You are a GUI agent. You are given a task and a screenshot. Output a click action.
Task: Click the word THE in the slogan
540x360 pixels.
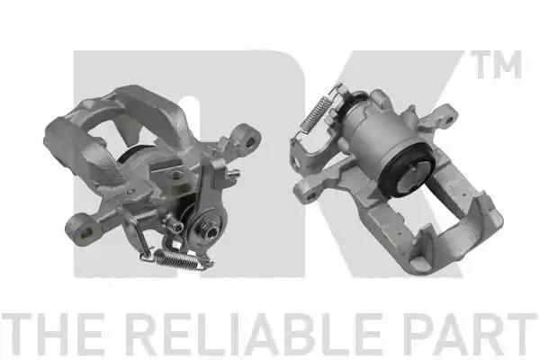(52, 334)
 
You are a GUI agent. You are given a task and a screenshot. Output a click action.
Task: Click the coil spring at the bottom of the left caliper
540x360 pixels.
(177, 260)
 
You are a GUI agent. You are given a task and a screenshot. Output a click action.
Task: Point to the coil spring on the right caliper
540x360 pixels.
(315, 111)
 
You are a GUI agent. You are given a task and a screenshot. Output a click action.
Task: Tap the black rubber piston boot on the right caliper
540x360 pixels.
(405, 170)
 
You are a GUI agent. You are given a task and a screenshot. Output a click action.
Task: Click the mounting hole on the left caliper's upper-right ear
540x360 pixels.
(250, 141)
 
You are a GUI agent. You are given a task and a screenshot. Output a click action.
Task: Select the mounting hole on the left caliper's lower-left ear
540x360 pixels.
(85, 232)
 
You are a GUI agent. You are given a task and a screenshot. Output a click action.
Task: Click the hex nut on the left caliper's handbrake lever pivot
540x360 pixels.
(208, 229)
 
